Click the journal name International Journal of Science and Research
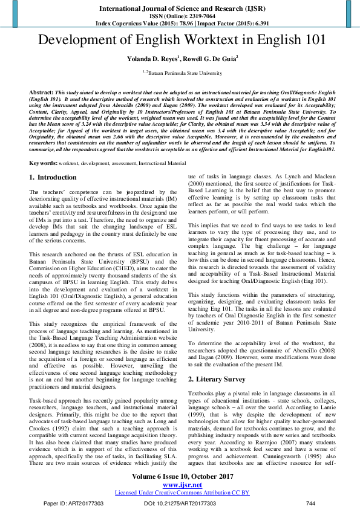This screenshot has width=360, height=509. tap(180, 8)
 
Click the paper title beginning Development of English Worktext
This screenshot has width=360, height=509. tap(180, 41)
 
